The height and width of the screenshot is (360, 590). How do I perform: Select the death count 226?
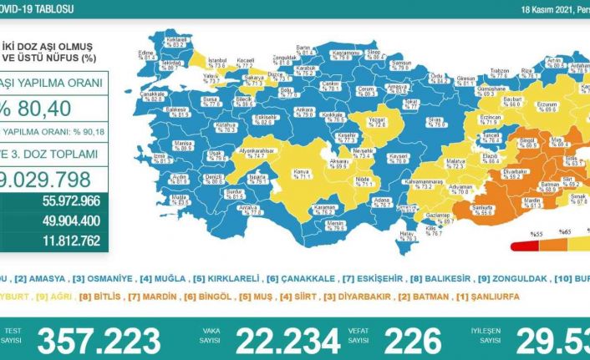409,341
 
